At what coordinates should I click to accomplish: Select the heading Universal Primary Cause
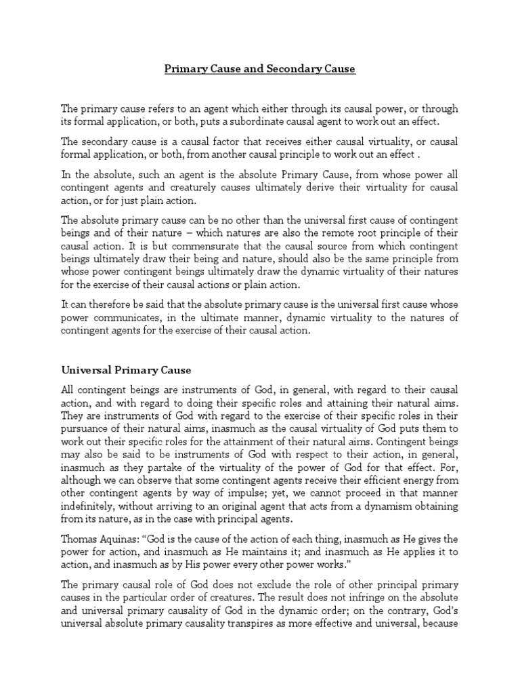(127, 370)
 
